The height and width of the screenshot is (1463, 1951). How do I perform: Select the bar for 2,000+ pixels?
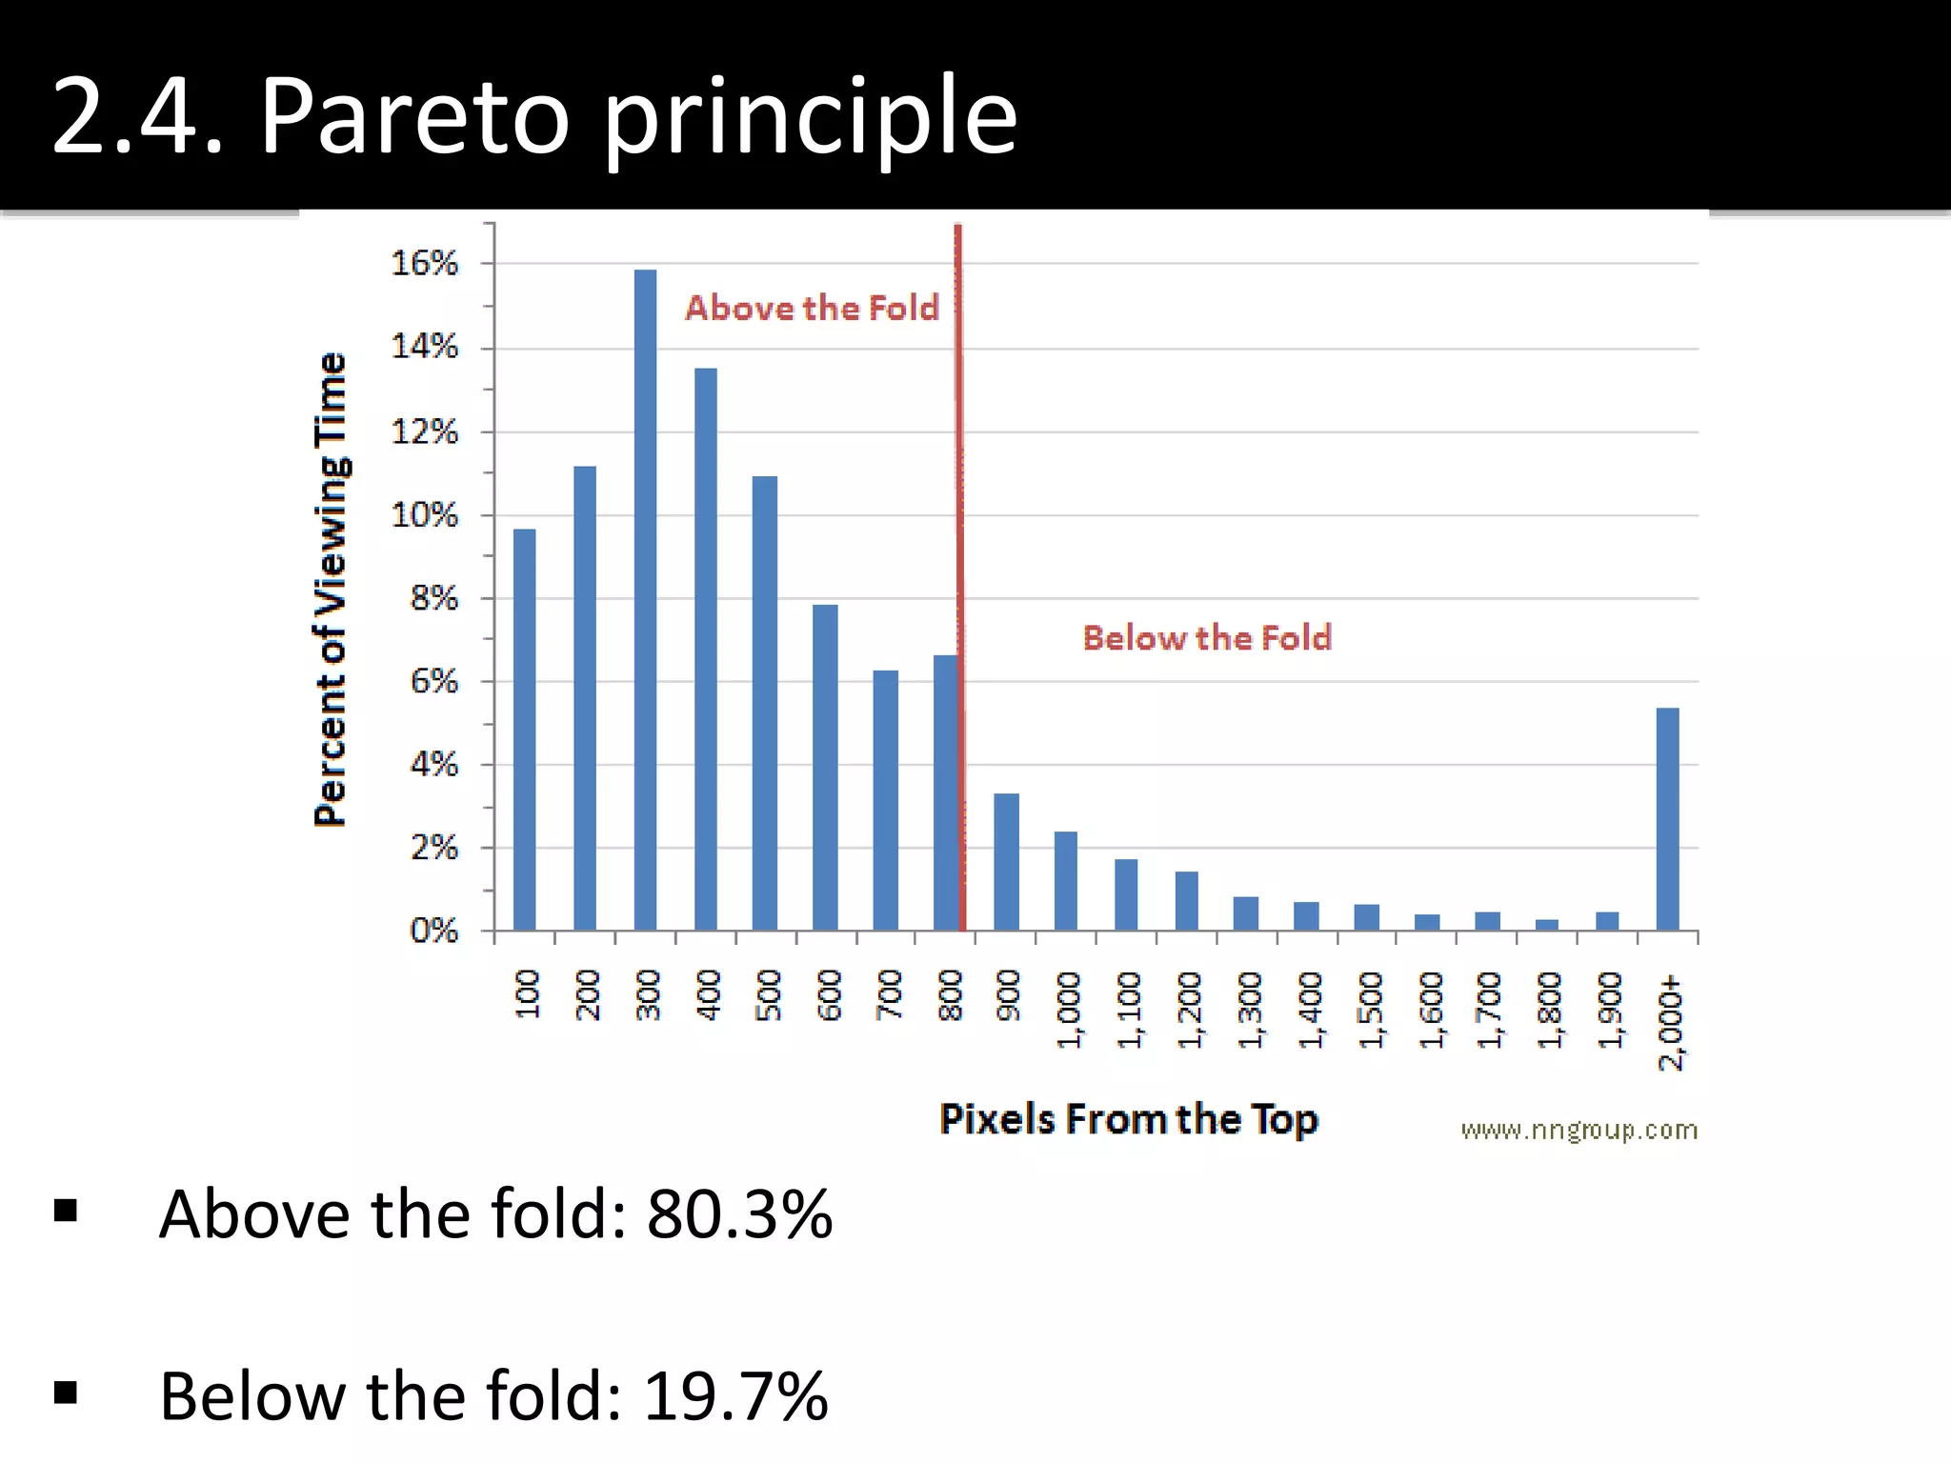[x=1667, y=819]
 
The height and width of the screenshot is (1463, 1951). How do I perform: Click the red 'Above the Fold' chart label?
[x=812, y=308]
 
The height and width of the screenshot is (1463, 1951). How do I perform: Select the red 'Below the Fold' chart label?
[x=1206, y=637]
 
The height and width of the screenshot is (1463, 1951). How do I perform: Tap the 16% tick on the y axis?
[x=425, y=263]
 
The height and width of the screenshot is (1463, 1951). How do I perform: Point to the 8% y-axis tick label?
[x=433, y=598]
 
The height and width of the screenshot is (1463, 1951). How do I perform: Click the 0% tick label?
[x=433, y=930]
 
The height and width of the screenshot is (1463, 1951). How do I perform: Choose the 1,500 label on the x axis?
[x=1370, y=1010]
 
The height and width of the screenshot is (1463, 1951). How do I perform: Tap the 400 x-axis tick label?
[x=709, y=994]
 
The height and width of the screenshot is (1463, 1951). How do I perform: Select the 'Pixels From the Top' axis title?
[x=1128, y=1118]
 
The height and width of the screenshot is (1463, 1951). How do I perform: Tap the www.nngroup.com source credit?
[x=1579, y=1130]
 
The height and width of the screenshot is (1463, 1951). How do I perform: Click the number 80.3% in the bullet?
[x=739, y=1214]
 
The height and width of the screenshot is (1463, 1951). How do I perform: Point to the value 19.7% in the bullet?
[x=735, y=1396]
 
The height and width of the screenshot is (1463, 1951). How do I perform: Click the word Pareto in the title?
[x=413, y=116]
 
